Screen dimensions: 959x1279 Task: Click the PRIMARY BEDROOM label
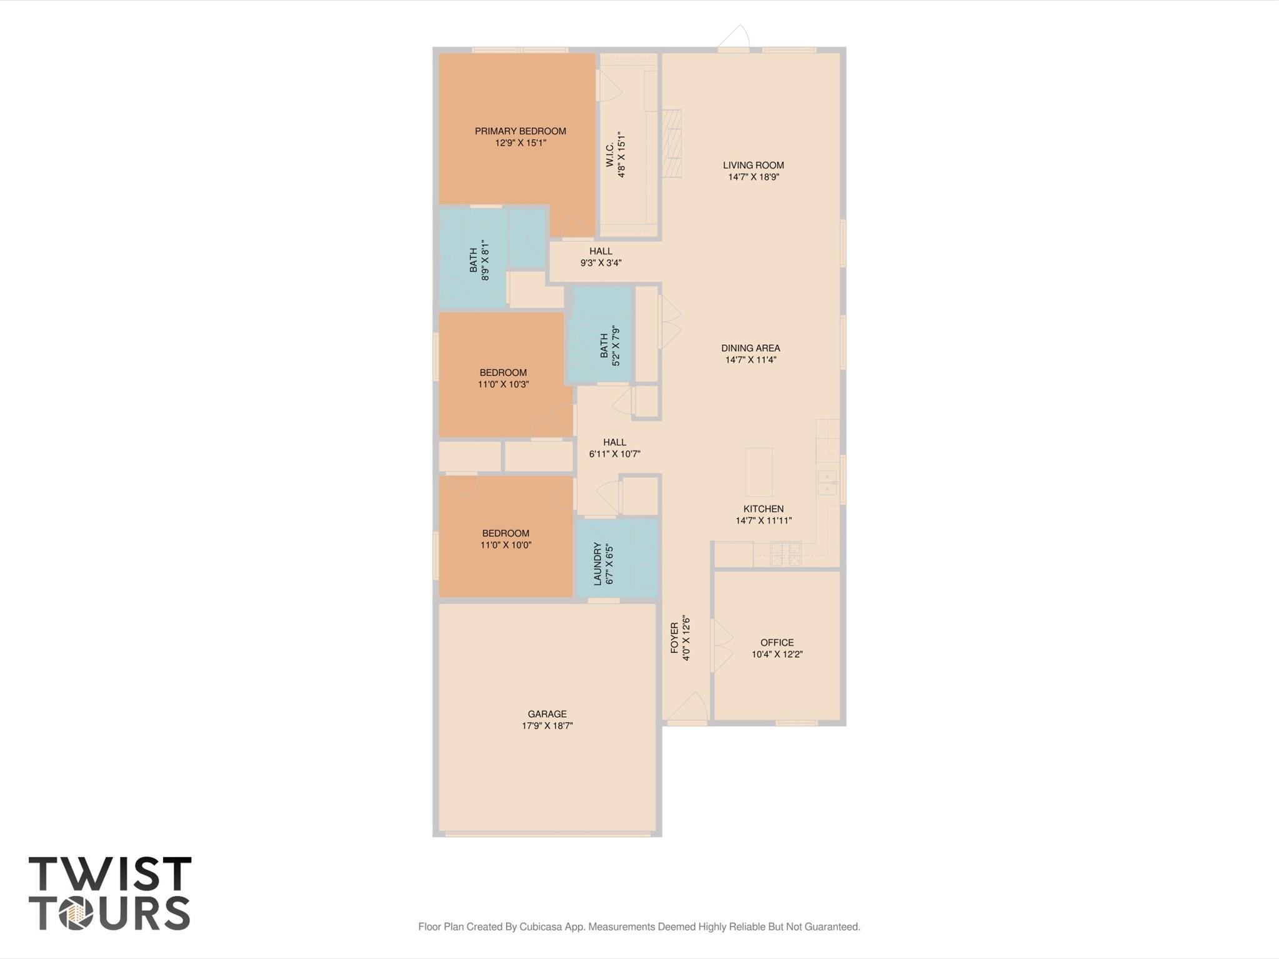520,131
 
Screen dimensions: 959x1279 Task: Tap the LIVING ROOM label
753,166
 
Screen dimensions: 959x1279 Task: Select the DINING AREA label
750,349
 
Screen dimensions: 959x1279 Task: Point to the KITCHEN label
763,509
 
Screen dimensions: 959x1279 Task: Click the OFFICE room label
777,643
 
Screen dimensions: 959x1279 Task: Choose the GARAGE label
547,714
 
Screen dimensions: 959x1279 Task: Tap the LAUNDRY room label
598,564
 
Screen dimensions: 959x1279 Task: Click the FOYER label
675,638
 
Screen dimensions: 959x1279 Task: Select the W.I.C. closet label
610,154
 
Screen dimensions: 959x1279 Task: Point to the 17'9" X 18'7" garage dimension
547,726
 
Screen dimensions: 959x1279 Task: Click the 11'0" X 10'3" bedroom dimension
503,385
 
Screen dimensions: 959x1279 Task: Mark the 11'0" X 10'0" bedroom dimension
505,545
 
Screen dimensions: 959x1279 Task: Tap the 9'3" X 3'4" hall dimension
600,263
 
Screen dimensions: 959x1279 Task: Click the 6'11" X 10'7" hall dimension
614,454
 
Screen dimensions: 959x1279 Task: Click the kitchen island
759,472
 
